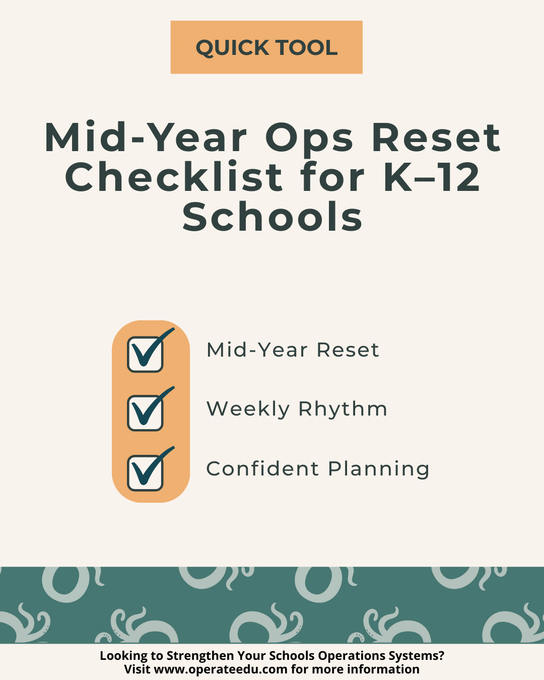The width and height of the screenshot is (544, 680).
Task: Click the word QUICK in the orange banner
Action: pos(232,48)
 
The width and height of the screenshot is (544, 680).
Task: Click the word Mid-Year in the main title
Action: pos(146,137)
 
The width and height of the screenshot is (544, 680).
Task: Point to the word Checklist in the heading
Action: pos(174,177)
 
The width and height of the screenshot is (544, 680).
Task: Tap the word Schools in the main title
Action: pos(272,217)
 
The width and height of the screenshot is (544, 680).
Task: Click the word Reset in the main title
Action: pos(436,137)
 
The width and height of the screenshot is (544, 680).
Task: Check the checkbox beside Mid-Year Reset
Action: pos(145,355)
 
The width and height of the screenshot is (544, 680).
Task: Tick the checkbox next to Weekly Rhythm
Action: pos(145,413)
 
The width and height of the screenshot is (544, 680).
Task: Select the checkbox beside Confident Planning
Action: pos(145,472)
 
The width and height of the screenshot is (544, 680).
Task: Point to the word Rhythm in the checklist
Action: pos(343,409)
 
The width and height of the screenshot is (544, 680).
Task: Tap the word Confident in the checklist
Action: pos(262,468)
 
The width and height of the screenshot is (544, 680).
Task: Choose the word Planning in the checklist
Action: pos(378,469)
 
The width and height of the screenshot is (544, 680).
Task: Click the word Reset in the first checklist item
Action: pos(348,350)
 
